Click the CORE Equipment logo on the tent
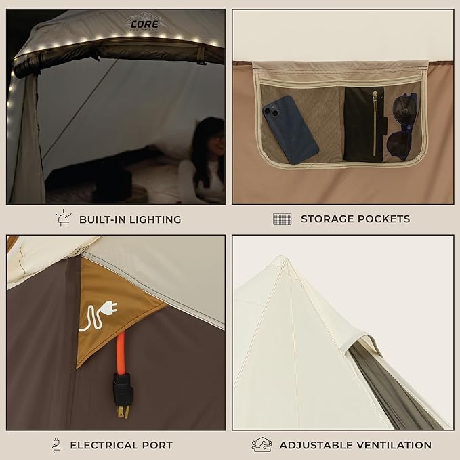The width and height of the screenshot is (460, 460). point(145,23)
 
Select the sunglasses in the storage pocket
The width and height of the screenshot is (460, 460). point(404,126)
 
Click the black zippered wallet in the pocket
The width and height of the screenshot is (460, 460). point(364,124)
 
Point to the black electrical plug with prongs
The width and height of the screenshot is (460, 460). point(123,394)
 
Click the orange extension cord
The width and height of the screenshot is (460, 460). point(121,353)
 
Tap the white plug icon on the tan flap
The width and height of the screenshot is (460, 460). point(100,316)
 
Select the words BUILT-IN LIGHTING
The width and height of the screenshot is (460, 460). point(130,219)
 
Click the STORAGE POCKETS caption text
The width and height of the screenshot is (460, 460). point(355,219)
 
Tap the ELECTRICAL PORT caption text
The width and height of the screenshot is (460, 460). point(121,445)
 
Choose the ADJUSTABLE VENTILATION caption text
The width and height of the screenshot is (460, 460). point(356,445)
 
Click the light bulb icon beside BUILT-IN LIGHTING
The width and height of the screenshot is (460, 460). point(64,218)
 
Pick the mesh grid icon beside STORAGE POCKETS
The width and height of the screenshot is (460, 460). point(282,219)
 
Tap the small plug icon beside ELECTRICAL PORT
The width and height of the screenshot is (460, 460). point(56,445)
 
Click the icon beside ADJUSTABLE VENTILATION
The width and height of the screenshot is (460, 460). point(262,444)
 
